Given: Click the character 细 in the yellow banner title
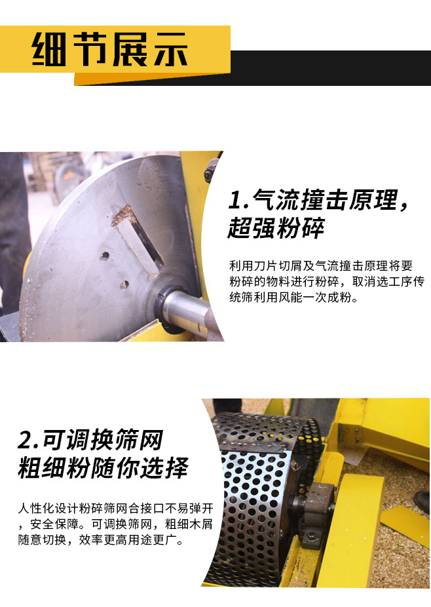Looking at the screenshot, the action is pyautogui.click(x=49, y=49).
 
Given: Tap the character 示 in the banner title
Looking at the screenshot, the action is pyautogui.click(x=170, y=49).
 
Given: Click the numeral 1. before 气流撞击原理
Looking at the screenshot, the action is pyautogui.click(x=238, y=200).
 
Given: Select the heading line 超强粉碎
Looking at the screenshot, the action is pyautogui.click(x=276, y=227).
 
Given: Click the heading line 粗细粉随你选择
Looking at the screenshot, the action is pyautogui.click(x=103, y=467).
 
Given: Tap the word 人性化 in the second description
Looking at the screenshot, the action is pyautogui.click(x=36, y=508).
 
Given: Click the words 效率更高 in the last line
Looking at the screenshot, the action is pyautogui.click(x=103, y=539).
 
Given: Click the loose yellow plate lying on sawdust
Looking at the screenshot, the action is pyautogui.click(x=405, y=521).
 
